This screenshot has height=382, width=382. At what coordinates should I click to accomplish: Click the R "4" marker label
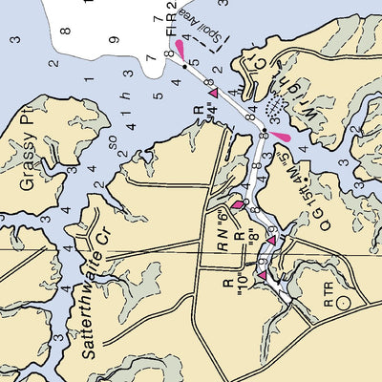click(202, 119)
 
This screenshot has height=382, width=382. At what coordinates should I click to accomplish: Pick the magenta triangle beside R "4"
click(217, 93)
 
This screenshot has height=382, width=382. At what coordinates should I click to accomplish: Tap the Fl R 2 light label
click(172, 19)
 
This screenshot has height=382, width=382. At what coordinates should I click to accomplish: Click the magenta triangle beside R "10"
click(263, 276)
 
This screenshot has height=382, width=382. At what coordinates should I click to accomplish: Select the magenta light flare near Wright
click(282, 137)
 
